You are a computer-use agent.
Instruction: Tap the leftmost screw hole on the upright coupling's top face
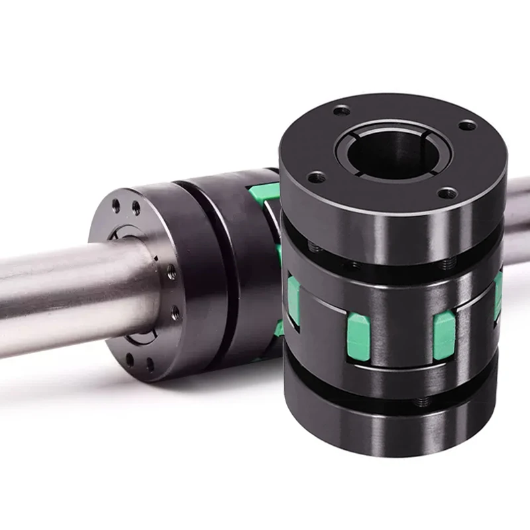point(317,177)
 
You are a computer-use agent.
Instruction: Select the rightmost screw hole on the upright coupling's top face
point(467,125)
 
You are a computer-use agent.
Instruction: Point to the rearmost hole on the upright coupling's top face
point(342,111)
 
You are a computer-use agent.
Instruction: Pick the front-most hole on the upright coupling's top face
point(448,193)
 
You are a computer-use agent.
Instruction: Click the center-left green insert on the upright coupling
point(358,337)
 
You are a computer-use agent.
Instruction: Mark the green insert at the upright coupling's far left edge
point(292,302)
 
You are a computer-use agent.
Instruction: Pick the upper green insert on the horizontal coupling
point(264,194)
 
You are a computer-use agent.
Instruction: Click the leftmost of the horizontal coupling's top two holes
point(117,206)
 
